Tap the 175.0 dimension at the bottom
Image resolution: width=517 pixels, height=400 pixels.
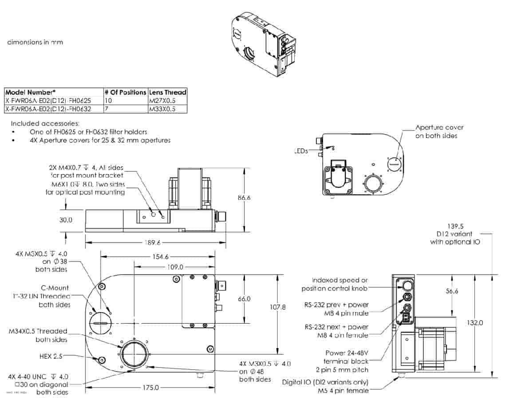click(150, 388)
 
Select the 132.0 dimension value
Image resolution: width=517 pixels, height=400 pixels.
click(474, 323)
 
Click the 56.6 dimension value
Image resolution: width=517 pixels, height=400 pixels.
click(452, 291)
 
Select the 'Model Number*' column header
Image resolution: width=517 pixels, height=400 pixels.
click(30, 92)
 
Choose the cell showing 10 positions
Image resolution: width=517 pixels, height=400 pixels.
click(109, 100)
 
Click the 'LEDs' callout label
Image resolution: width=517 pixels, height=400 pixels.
click(301, 151)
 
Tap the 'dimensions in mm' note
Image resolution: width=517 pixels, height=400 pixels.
click(35, 42)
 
